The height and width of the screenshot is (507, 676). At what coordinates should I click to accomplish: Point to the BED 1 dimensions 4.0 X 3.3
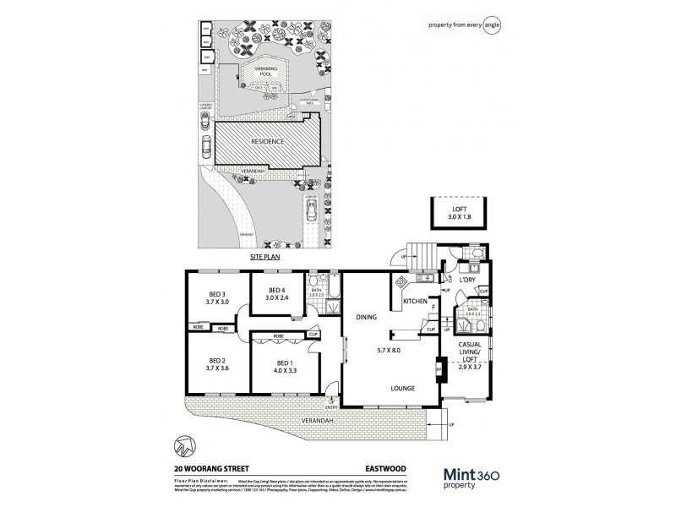[x=285, y=370]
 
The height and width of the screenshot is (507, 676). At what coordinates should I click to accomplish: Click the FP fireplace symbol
[x=438, y=369]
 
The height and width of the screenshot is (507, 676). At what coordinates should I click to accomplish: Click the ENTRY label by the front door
[x=330, y=406]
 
